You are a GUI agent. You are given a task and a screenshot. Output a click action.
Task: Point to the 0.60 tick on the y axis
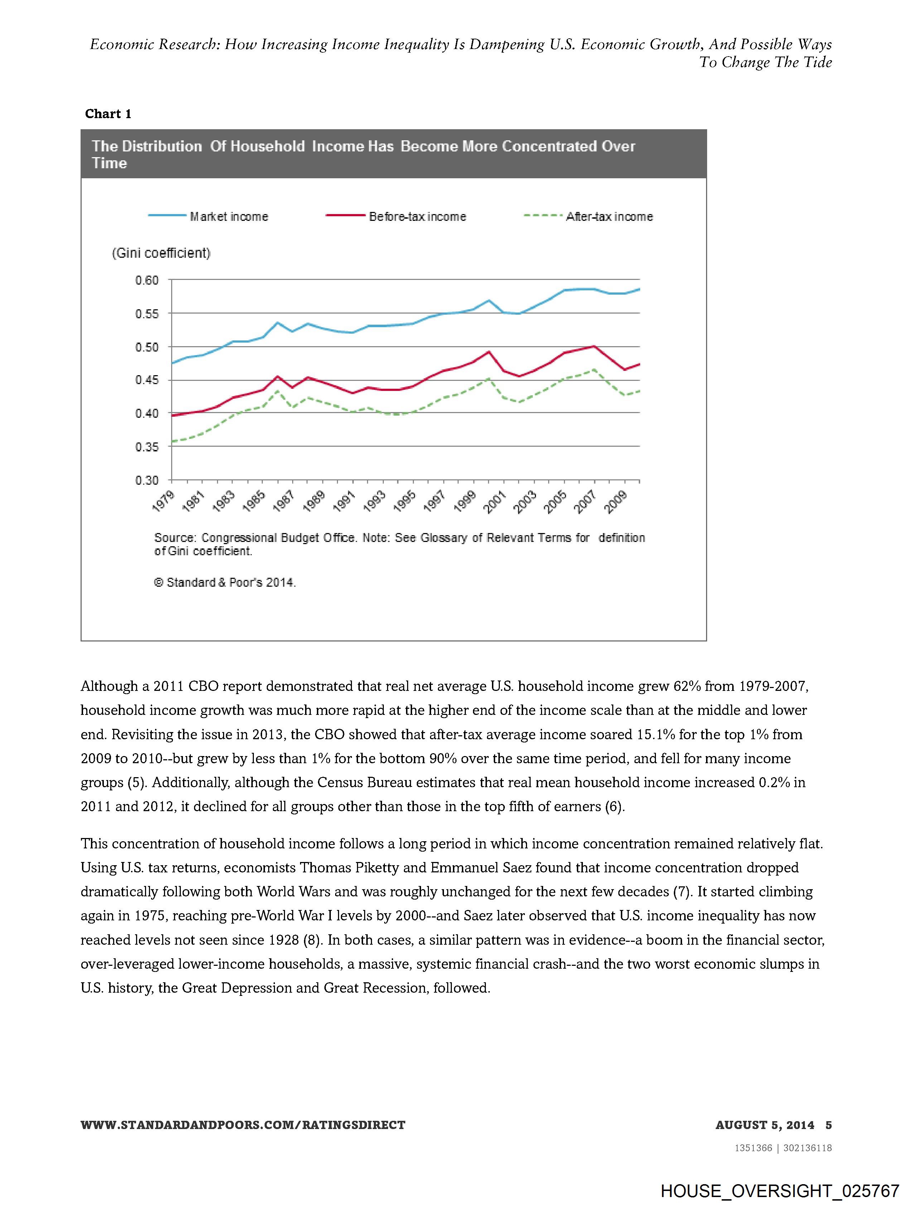[147, 280]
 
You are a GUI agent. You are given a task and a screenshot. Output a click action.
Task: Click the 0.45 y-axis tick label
[147, 380]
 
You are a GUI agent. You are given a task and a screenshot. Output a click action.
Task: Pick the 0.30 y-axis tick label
[147, 480]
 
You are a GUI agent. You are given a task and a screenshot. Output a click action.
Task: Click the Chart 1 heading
[108, 114]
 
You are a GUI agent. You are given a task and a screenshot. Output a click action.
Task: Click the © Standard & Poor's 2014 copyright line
[225, 582]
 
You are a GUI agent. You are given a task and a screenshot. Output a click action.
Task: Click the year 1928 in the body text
[284, 940]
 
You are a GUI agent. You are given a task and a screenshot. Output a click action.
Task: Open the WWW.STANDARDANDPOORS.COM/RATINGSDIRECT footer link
[243, 1125]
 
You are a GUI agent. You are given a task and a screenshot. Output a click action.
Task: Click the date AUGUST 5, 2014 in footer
[765, 1125]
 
